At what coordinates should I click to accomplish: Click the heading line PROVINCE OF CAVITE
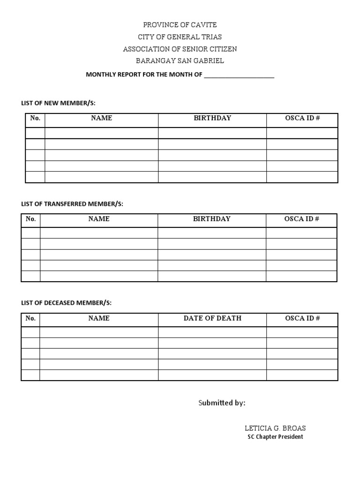tap(180, 25)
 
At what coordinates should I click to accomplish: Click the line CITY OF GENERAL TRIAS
tap(180, 37)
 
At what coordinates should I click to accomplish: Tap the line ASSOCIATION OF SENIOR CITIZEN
tap(180, 49)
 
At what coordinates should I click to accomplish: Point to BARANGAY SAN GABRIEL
tap(180, 60)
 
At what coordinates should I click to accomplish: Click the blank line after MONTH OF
tap(239, 75)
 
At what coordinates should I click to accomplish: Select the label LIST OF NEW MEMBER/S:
tap(61, 103)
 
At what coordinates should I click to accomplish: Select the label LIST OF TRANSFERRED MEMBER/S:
tap(72, 203)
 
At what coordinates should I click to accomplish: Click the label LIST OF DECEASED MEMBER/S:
tap(67, 303)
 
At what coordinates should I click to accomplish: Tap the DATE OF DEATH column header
tap(212, 318)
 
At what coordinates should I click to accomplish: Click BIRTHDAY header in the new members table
tap(212, 118)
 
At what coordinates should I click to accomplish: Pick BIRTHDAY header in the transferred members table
tap(212, 219)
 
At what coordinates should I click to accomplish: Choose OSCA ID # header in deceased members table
tap(302, 318)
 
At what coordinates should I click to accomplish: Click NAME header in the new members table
tap(101, 118)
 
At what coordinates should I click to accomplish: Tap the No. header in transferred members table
tap(31, 219)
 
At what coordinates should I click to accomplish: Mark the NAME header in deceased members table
tap(99, 318)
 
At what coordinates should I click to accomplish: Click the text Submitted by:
tap(222, 403)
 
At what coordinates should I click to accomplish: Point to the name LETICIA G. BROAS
tap(275, 428)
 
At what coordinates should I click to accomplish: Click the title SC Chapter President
tap(275, 437)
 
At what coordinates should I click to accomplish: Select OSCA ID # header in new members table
tap(302, 118)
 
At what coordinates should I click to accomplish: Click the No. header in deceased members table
tap(31, 318)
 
